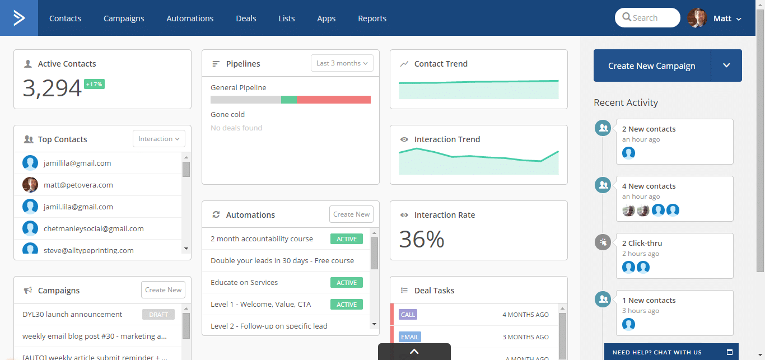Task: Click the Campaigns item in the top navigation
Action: click(x=124, y=18)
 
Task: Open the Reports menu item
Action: click(x=372, y=18)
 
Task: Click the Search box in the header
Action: click(x=647, y=18)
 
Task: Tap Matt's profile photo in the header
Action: click(x=697, y=18)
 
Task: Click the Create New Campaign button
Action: click(x=652, y=66)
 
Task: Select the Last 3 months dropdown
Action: click(x=342, y=63)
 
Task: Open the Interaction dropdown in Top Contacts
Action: click(x=159, y=139)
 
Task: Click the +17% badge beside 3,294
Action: click(x=94, y=84)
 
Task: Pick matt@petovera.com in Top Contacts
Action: click(x=78, y=185)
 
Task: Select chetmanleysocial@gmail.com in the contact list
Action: click(x=94, y=228)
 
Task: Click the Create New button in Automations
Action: click(x=351, y=214)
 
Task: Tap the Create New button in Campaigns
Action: click(x=163, y=289)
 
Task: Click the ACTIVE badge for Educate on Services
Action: click(x=346, y=283)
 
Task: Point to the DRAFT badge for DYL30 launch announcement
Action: click(x=158, y=314)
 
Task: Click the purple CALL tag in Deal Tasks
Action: click(x=408, y=314)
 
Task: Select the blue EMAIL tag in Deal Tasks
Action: click(x=410, y=337)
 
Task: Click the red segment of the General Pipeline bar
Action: click(x=334, y=100)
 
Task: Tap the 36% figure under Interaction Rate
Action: click(x=422, y=239)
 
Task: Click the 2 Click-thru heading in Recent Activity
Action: click(x=642, y=243)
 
